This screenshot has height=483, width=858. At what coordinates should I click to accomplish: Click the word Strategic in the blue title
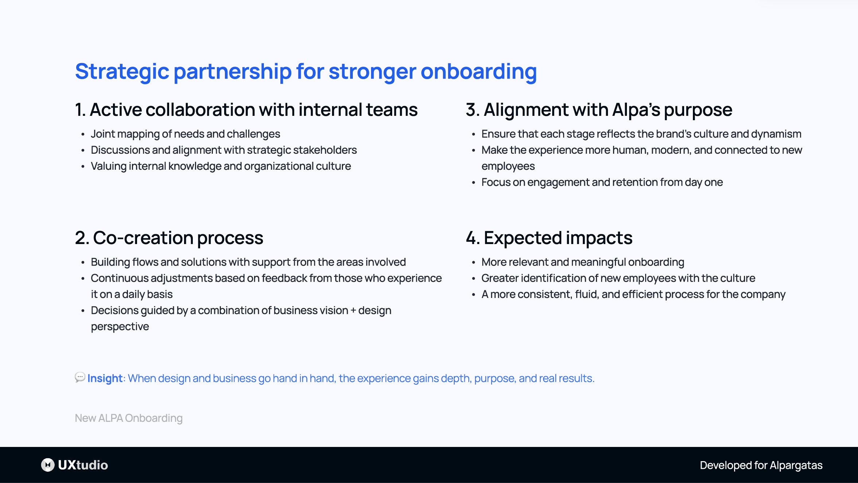coord(122,71)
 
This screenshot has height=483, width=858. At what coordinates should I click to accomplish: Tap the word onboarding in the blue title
coord(478,71)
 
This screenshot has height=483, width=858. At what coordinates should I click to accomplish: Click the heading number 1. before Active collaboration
coord(80,110)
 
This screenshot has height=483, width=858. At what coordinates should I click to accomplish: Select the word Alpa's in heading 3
coord(636,110)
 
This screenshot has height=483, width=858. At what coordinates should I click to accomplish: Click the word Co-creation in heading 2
coord(143,238)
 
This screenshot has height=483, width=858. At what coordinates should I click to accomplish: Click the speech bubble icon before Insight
coord(80,377)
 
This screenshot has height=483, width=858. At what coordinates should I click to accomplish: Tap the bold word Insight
coord(105,378)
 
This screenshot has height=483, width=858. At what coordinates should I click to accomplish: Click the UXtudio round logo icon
coord(48,465)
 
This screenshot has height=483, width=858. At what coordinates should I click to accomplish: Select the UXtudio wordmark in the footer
coord(83,465)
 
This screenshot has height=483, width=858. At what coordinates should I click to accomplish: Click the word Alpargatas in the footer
coord(796,465)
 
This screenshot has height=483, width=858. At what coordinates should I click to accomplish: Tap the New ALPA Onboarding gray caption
coord(129,418)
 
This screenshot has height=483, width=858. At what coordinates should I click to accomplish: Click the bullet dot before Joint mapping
coord(83,134)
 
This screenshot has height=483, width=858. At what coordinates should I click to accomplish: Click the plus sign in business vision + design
coord(353,311)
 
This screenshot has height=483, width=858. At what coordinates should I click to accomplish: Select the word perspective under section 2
coord(120,327)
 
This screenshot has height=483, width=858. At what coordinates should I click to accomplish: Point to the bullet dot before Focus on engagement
coord(473,182)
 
